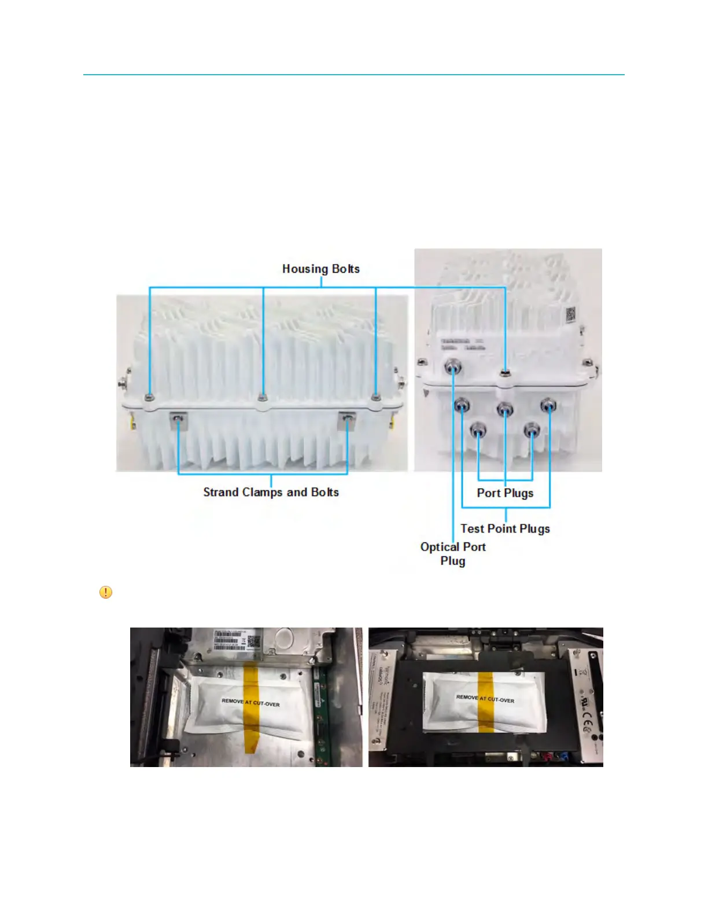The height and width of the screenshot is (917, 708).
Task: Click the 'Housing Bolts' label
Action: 320,269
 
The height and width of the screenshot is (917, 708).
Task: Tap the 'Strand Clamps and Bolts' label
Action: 271,492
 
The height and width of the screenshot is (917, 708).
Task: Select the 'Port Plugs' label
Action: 505,493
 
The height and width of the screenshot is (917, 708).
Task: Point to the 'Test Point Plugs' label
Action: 505,529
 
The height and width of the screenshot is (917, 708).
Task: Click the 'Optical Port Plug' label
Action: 453,553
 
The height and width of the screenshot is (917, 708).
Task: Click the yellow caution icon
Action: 106,592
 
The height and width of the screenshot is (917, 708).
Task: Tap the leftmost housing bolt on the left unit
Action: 150,397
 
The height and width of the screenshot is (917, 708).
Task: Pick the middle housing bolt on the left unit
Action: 263,397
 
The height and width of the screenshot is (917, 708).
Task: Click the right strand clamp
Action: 346,417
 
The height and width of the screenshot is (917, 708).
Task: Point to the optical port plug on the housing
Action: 452,366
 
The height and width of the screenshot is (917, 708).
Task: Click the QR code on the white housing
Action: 571,315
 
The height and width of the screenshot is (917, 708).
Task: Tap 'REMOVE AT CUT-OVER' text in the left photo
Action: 250,702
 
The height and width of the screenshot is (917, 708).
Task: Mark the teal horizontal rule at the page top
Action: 354,75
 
